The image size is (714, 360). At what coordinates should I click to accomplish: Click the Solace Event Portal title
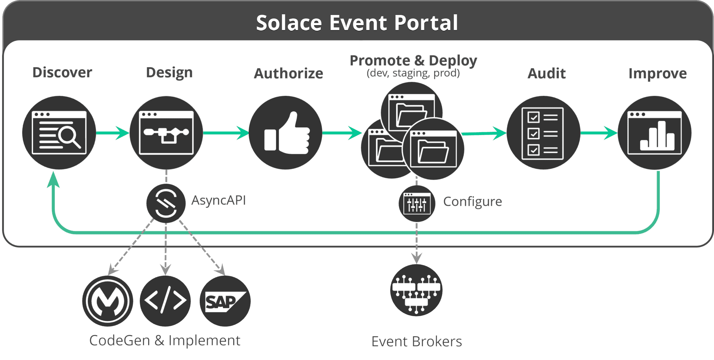click(x=357, y=23)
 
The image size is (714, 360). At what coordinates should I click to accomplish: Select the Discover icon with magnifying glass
click(x=59, y=133)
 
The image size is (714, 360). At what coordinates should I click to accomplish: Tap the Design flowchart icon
click(x=166, y=133)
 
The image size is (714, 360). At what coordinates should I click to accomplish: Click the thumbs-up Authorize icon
click(x=286, y=133)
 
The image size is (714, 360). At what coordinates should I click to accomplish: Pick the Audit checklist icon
click(x=544, y=133)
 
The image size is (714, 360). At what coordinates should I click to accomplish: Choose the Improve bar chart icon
click(x=654, y=133)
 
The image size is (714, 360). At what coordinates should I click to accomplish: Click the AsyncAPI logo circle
click(x=166, y=203)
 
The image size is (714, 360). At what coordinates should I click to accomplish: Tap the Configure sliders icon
click(x=417, y=204)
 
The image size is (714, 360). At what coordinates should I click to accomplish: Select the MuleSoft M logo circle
click(x=108, y=301)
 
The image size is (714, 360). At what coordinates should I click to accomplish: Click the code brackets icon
click(x=165, y=301)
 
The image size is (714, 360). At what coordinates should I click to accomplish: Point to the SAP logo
click(x=225, y=301)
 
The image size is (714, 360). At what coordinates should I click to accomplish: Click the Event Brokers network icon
click(x=416, y=290)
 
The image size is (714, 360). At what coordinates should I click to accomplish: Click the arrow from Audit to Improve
click(x=599, y=133)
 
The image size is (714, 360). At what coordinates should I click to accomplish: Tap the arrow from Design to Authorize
click(x=226, y=133)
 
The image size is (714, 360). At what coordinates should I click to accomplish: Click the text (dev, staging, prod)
click(x=413, y=73)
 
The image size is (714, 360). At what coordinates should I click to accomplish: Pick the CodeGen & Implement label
click(x=165, y=340)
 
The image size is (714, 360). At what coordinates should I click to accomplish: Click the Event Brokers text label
click(x=417, y=342)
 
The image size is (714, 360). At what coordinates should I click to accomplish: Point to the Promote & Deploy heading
click(x=413, y=60)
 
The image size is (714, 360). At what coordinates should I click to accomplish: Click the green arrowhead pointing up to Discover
click(x=53, y=179)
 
